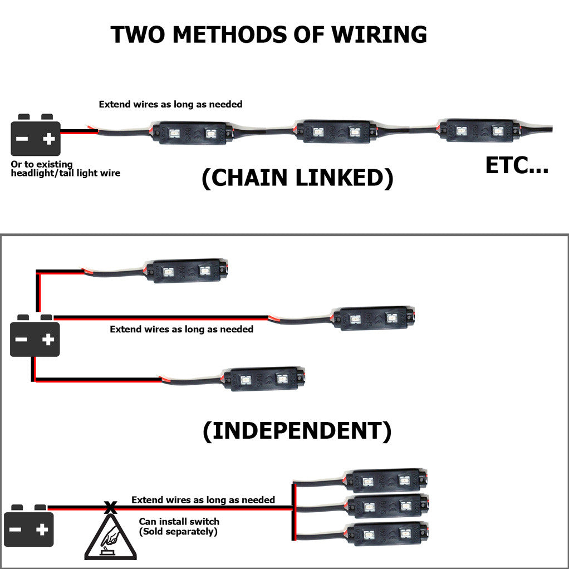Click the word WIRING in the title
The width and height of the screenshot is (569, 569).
click(x=379, y=35)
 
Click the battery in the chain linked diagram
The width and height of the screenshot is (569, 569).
click(x=36, y=135)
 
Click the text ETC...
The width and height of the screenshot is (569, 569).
click(x=517, y=165)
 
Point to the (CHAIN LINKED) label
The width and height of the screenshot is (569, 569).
click(x=297, y=178)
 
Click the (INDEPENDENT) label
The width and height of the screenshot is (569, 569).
click(x=297, y=431)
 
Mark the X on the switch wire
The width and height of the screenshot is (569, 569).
click(x=111, y=507)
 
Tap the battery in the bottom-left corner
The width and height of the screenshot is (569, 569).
click(x=29, y=526)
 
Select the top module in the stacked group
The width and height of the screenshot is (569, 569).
click(x=386, y=480)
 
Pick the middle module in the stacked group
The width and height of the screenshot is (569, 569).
click(x=388, y=506)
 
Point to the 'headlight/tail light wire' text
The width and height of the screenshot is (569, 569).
click(x=66, y=173)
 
